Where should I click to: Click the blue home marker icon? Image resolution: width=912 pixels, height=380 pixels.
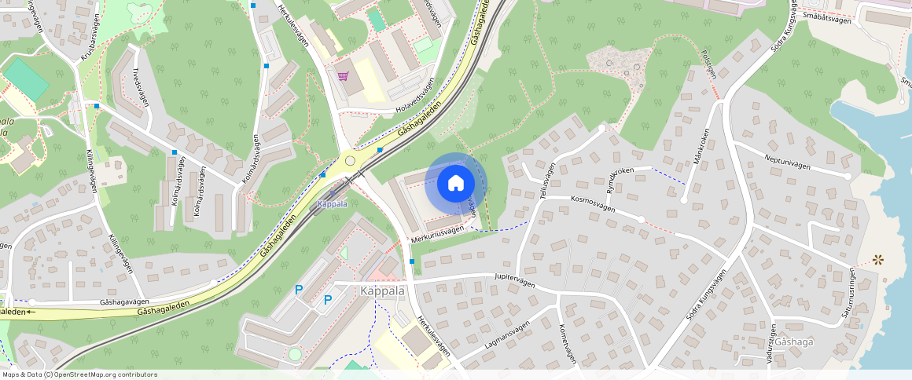[455, 184]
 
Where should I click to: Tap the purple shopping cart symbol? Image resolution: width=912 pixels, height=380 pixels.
[343, 76]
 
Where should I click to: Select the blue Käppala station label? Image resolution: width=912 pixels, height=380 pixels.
[331, 204]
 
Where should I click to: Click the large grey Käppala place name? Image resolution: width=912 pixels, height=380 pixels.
[383, 290]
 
